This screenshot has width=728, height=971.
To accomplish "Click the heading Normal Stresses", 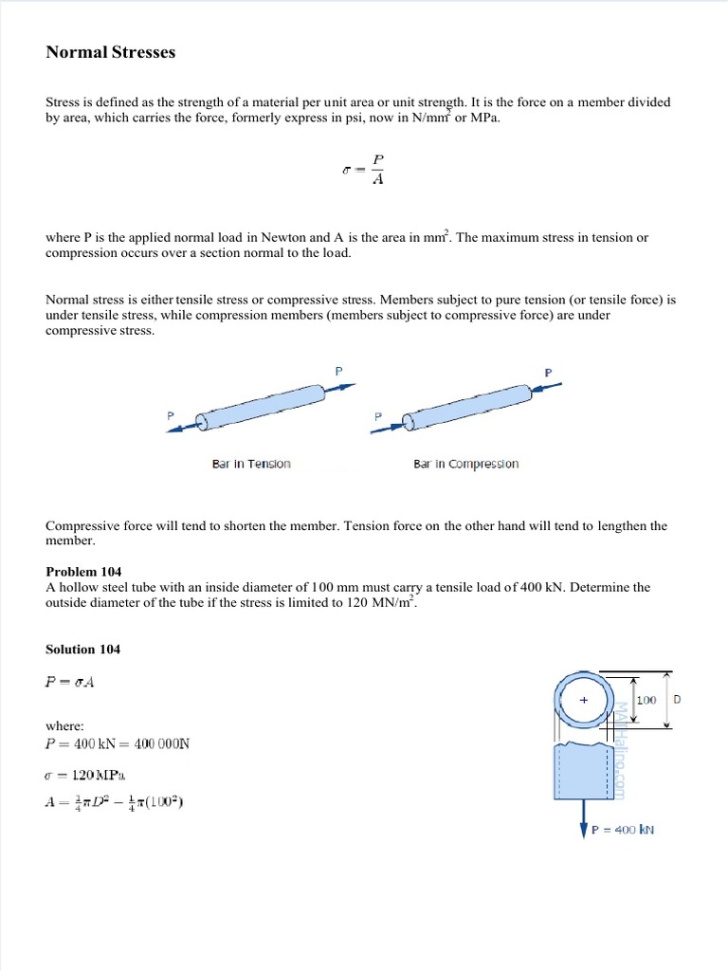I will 111,53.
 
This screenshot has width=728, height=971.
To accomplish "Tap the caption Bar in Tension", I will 251,464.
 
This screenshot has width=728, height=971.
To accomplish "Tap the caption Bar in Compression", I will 465,464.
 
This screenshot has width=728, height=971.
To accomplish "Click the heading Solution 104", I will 83,650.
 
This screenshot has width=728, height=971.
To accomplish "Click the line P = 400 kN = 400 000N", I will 118,743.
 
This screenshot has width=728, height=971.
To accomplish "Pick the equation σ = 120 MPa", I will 91,774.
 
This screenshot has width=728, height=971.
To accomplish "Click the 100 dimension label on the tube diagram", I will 646,700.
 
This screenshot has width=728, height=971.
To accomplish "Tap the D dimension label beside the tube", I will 677,700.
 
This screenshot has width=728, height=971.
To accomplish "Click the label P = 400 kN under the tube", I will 623,830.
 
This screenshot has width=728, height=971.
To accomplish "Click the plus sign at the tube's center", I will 584,700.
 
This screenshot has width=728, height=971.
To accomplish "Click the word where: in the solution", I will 65,725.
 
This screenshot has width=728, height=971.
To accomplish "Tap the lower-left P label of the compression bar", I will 378,416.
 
